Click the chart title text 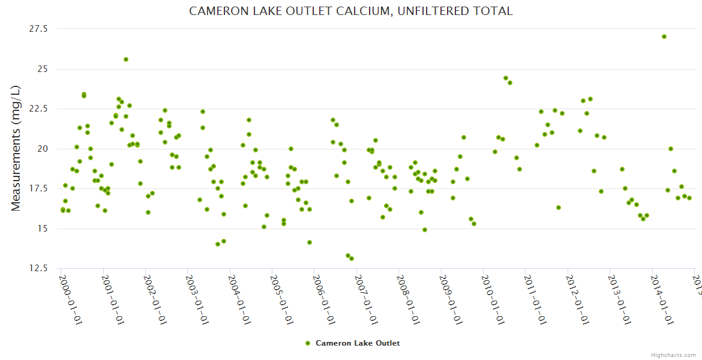tap(350, 11)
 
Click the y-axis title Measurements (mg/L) tap(16, 148)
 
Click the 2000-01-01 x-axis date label tap(70, 300)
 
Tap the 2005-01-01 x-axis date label tap(281, 300)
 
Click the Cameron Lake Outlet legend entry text tap(358, 343)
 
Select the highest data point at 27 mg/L tap(664, 37)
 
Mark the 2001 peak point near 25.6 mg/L tap(126, 59)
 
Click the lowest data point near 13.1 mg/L tap(352, 259)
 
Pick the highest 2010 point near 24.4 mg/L tap(506, 78)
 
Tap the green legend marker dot tap(308, 343)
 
